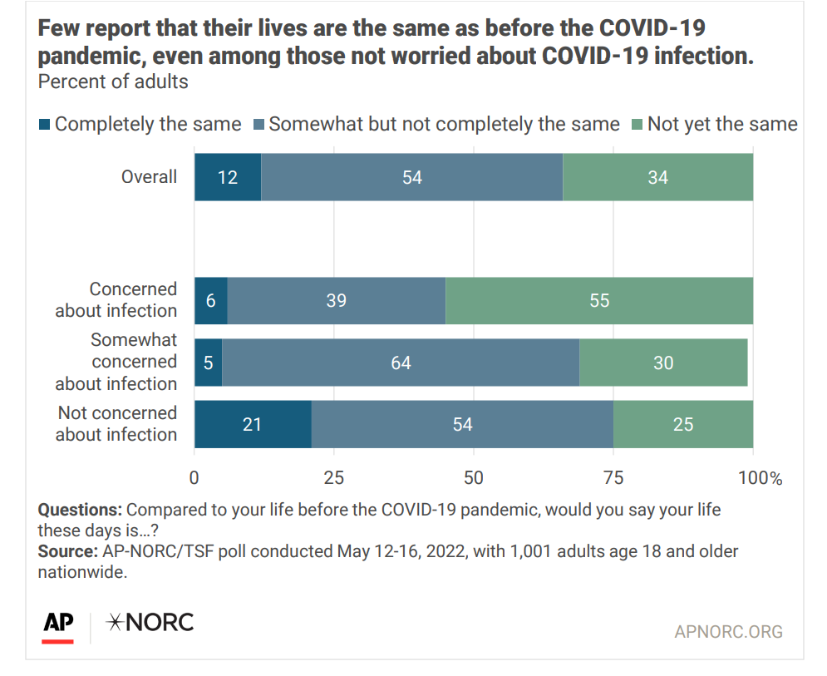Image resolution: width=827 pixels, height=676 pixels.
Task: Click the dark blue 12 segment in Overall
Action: click(x=228, y=177)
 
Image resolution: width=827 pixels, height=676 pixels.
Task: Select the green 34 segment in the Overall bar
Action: click(x=657, y=177)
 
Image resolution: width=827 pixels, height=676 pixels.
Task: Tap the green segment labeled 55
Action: click(x=599, y=300)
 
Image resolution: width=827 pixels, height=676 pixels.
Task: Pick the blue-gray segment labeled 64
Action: click(x=401, y=363)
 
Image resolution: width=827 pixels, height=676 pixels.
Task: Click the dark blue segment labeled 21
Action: click(x=253, y=424)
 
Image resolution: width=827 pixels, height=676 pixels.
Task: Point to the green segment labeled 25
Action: click(x=682, y=424)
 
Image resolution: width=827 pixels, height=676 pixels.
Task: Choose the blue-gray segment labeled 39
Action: click(x=336, y=300)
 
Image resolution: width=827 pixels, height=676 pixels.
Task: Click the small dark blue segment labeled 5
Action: click(x=209, y=363)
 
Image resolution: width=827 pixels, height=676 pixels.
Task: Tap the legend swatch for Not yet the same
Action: click(x=637, y=125)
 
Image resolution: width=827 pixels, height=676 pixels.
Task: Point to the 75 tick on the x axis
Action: click(x=613, y=478)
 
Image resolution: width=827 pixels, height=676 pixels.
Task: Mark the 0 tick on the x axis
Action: click(x=194, y=478)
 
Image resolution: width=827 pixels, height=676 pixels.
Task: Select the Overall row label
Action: click(x=149, y=176)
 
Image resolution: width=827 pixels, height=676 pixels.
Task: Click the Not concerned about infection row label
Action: click(x=116, y=423)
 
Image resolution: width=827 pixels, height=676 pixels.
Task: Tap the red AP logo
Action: click(x=58, y=625)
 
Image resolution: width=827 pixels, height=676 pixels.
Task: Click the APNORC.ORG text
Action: click(x=728, y=632)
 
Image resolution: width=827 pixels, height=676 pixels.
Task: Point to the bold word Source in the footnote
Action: click(x=66, y=551)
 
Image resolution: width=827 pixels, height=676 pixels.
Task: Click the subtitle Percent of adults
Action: click(x=113, y=81)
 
